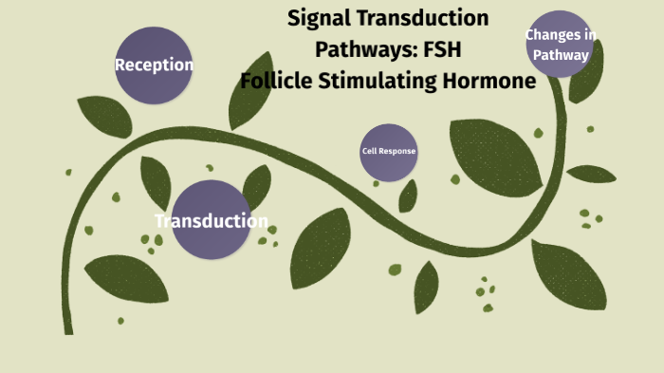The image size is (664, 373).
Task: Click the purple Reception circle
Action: (x=154, y=65)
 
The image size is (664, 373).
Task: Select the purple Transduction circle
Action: (x=211, y=220)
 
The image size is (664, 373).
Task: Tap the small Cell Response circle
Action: (x=389, y=152)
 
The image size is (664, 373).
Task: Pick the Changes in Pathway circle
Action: (x=560, y=45)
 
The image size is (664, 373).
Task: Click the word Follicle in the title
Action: (x=275, y=82)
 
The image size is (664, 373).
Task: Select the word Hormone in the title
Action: (x=489, y=82)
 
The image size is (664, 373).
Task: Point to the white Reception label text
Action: (x=154, y=65)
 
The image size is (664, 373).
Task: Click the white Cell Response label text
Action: (x=389, y=152)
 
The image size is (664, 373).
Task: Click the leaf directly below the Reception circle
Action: (x=104, y=115)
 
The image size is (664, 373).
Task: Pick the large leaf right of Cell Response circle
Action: (x=493, y=156)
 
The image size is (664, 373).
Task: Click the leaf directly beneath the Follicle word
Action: (x=251, y=104)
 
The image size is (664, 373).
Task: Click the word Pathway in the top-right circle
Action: (x=561, y=54)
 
